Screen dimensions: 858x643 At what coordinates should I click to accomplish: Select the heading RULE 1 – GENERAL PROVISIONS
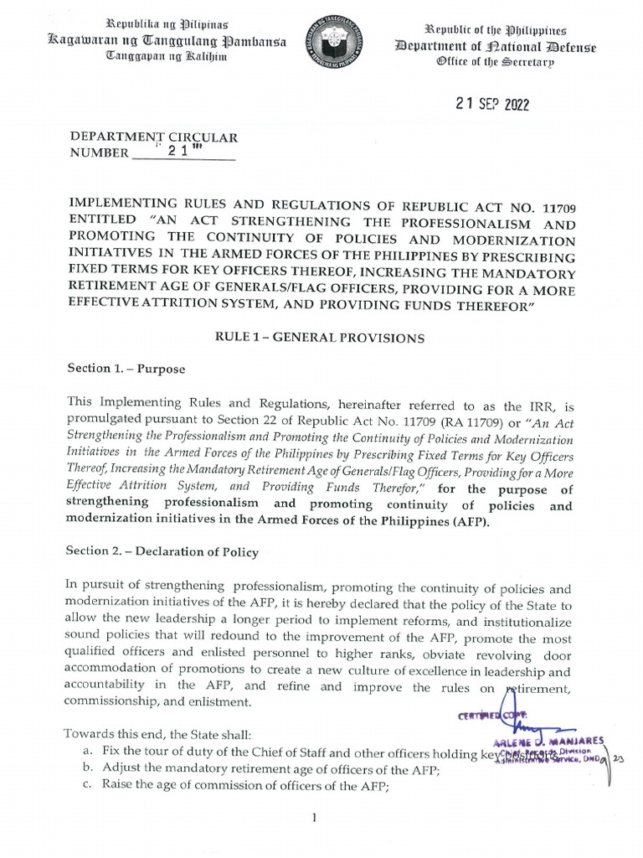click(x=321, y=338)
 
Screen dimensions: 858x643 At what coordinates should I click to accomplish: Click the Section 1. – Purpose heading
click(x=126, y=368)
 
